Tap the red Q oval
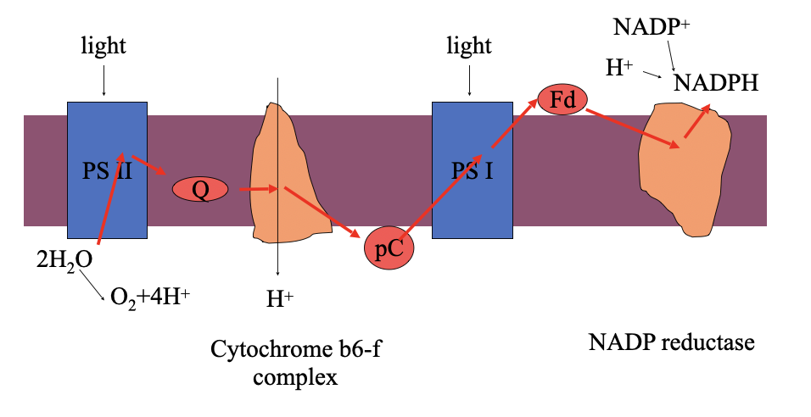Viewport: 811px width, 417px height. (200, 189)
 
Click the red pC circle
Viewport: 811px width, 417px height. (389, 248)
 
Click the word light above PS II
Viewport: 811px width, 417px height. (103, 45)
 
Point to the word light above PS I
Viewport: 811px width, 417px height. (469, 45)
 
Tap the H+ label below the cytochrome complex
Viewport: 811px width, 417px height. (279, 297)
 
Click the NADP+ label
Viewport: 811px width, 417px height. (651, 27)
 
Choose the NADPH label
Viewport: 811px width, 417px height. (716, 82)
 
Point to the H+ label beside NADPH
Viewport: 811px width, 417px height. (620, 69)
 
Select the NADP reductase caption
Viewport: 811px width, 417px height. (671, 343)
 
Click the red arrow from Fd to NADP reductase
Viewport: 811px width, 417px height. (632, 127)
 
